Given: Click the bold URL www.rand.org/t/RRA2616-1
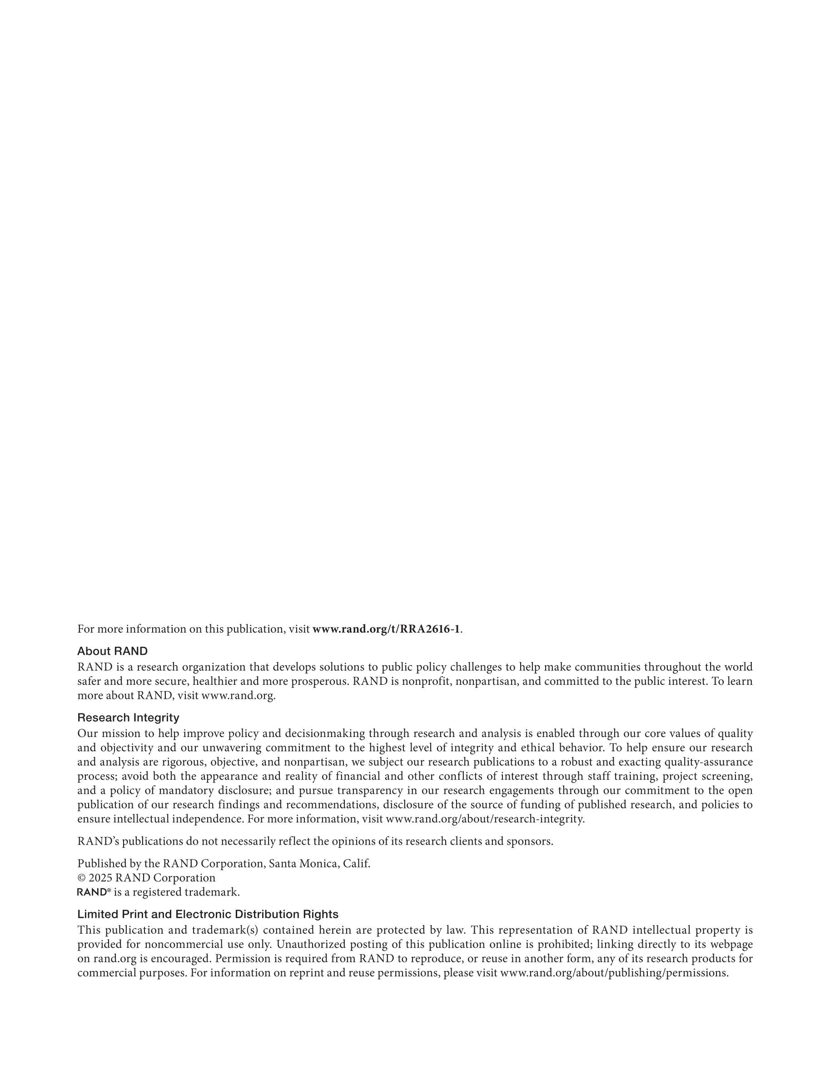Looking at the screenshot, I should tap(386, 629).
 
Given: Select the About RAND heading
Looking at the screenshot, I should tap(112, 651).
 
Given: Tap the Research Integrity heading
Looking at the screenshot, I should tap(128, 718).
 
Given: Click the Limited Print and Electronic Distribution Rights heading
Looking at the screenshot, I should tap(208, 914).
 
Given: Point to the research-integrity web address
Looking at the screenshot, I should tap(485, 819).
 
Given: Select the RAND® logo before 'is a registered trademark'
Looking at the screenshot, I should tap(94, 891).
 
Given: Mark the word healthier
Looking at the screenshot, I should tap(214, 682).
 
